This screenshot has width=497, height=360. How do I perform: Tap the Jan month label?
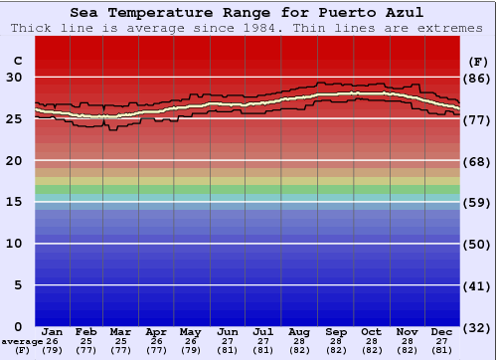click(53, 332)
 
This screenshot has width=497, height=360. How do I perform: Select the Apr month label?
click(156, 332)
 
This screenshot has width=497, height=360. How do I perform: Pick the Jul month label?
click(263, 332)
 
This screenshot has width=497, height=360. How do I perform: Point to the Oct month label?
click(371, 332)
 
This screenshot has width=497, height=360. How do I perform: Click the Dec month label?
click(442, 332)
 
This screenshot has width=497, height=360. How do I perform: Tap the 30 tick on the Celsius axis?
click(16, 78)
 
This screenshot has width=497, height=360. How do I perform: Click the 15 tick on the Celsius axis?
click(16, 202)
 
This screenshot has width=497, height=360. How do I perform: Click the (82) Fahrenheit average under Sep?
click(336, 350)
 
